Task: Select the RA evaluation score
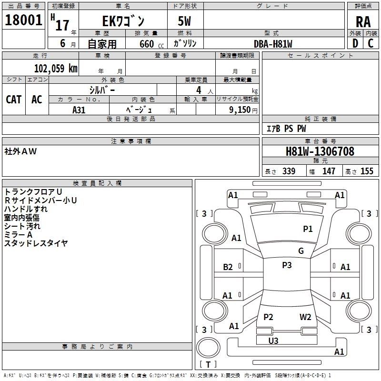click(x=363, y=22)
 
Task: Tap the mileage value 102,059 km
click(x=56, y=68)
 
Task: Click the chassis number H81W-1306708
click(x=320, y=152)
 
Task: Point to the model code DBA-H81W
click(x=272, y=44)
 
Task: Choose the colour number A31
click(x=79, y=110)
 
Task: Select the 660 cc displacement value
click(x=147, y=44)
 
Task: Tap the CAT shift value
click(x=13, y=99)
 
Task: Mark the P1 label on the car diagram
click(x=308, y=229)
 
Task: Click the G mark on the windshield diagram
click(x=301, y=251)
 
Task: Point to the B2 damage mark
click(x=228, y=267)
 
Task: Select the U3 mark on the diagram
click(x=273, y=341)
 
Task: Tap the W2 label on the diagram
click(x=305, y=317)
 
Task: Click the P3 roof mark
click(x=287, y=265)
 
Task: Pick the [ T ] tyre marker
click(x=208, y=364)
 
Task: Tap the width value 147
click(x=329, y=171)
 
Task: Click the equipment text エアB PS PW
click(x=286, y=129)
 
